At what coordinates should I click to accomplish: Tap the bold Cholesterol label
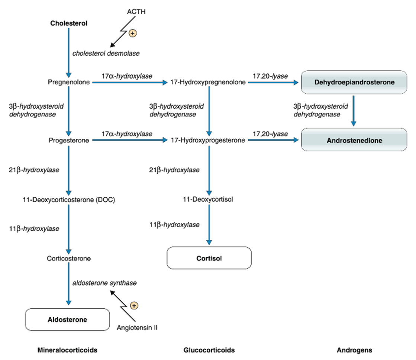pos(69,23)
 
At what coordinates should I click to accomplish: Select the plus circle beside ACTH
pos(132,33)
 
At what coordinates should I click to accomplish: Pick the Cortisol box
pos(209,258)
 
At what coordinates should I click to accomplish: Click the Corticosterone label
pos(69,258)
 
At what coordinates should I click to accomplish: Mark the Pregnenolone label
pos(69,83)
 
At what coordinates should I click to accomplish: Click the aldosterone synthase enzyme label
pos(104,283)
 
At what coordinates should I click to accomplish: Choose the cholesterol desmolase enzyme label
pos(106,53)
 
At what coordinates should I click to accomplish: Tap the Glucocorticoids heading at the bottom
pos(209,350)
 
